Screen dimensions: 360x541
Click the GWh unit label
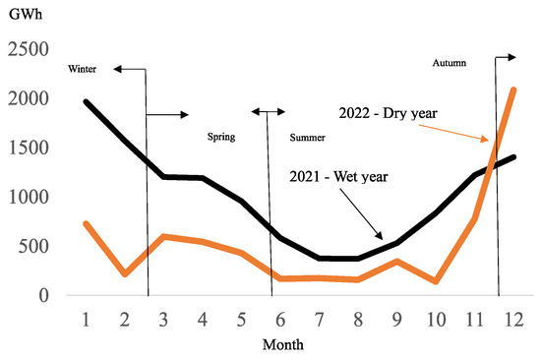tap(22, 15)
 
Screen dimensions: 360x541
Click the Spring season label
tap(221, 138)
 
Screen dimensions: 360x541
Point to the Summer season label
tap(308, 138)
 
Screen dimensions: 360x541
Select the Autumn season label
tap(449, 63)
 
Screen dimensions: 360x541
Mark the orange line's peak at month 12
tap(513, 90)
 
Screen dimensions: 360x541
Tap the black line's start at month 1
tap(87, 102)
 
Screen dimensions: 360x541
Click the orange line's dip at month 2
tap(125, 273)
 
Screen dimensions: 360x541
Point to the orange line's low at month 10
tap(436, 281)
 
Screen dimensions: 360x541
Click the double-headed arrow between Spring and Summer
tap(266, 112)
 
